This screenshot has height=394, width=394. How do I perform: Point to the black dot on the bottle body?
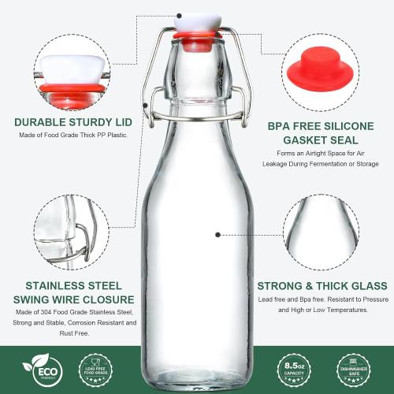coord(219,234)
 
